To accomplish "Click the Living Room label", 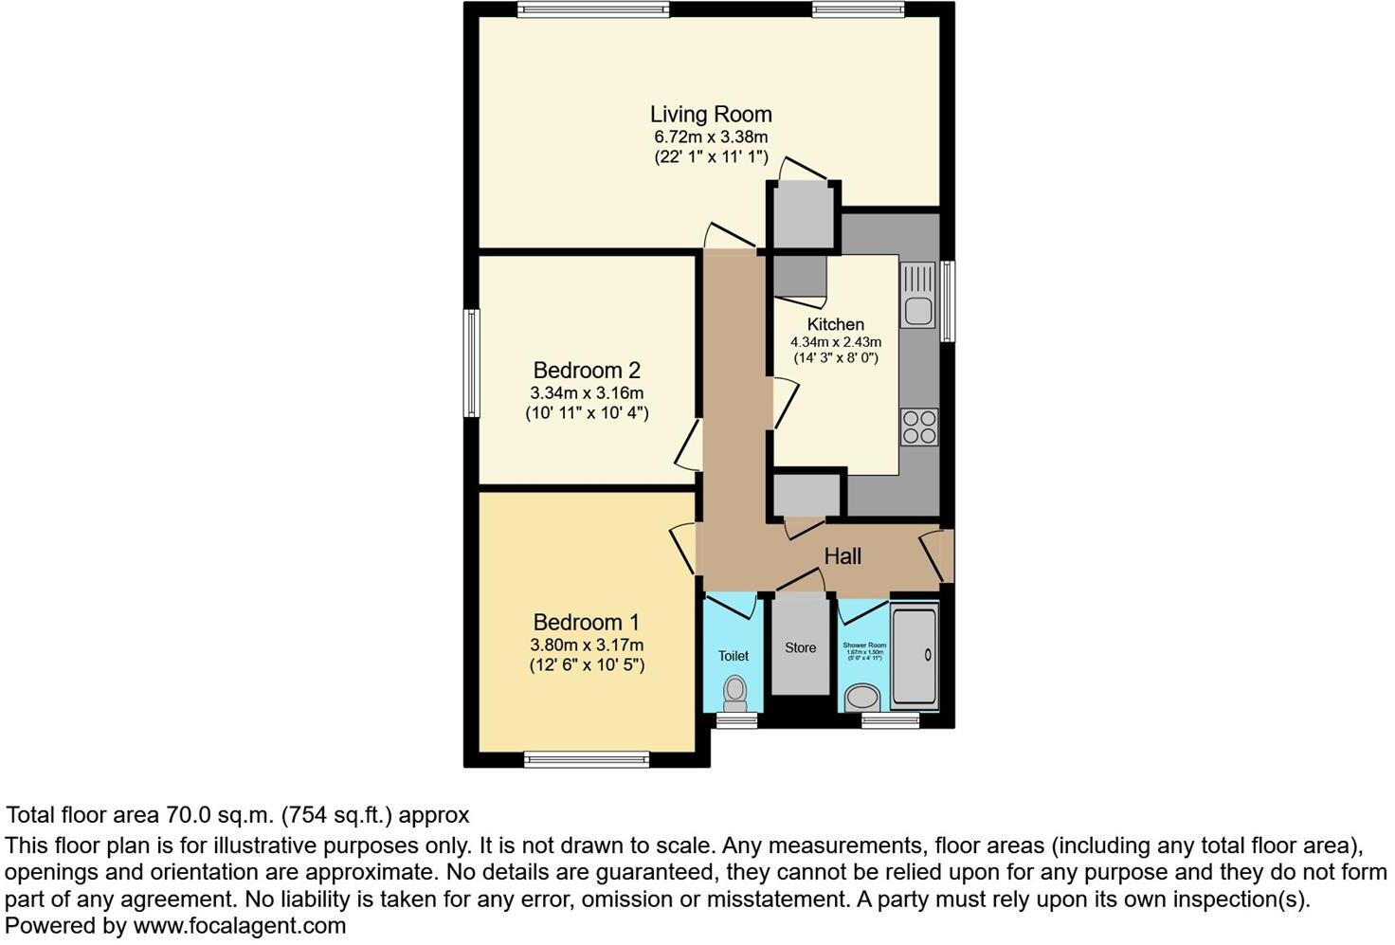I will click(x=710, y=115).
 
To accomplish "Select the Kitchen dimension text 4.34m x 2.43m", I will click(x=836, y=342).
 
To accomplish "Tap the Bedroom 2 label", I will click(x=587, y=371).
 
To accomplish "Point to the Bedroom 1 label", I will click(x=586, y=623).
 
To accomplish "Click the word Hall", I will click(x=842, y=556).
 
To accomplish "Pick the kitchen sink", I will click(x=917, y=296).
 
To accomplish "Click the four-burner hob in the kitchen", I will click(x=918, y=426).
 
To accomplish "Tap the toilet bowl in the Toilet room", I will click(x=734, y=694).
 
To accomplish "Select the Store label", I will click(x=800, y=648).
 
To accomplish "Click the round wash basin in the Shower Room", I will click(x=861, y=700).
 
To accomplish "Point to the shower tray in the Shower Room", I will click(x=915, y=654).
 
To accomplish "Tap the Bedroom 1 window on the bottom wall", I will click(x=587, y=758).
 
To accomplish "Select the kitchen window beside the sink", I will click(x=947, y=300).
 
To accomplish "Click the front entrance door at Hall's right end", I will click(x=937, y=556).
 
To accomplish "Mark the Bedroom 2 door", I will click(x=689, y=445).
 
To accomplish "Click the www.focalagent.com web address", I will click(x=239, y=925).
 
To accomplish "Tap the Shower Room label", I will click(x=862, y=645).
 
